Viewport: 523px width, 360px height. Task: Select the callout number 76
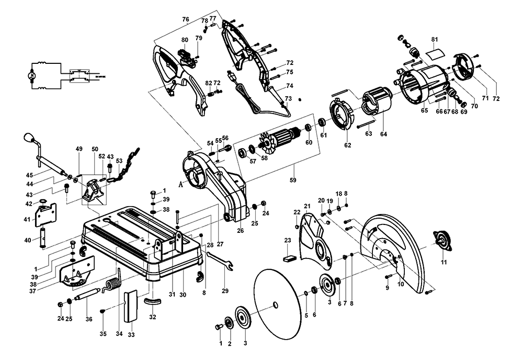pos(185,19)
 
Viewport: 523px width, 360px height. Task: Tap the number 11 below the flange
pos(444,262)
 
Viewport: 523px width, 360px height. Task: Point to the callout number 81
pos(435,40)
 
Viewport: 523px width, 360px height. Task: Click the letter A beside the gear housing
pos(180,184)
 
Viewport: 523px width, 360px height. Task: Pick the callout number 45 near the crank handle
pos(30,175)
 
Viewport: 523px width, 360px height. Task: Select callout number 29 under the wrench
pos(225,290)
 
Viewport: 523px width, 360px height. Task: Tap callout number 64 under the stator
pos(384,134)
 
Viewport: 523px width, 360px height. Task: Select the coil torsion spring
pos(112,285)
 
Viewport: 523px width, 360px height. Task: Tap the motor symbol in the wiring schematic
pos(32,76)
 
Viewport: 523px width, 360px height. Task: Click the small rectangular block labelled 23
pos(289,257)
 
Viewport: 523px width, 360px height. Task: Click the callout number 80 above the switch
pos(185,40)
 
